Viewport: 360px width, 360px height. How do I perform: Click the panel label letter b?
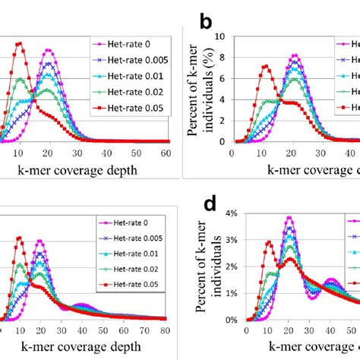coord(204,23)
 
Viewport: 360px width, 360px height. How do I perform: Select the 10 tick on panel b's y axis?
coord(220,36)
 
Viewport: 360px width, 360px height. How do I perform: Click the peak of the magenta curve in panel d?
coord(289,217)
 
